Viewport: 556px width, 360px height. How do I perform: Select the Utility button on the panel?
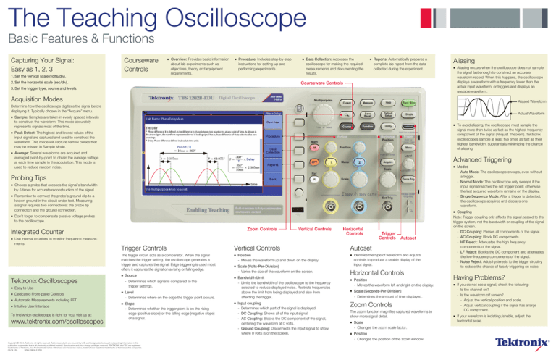coord(388,125)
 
